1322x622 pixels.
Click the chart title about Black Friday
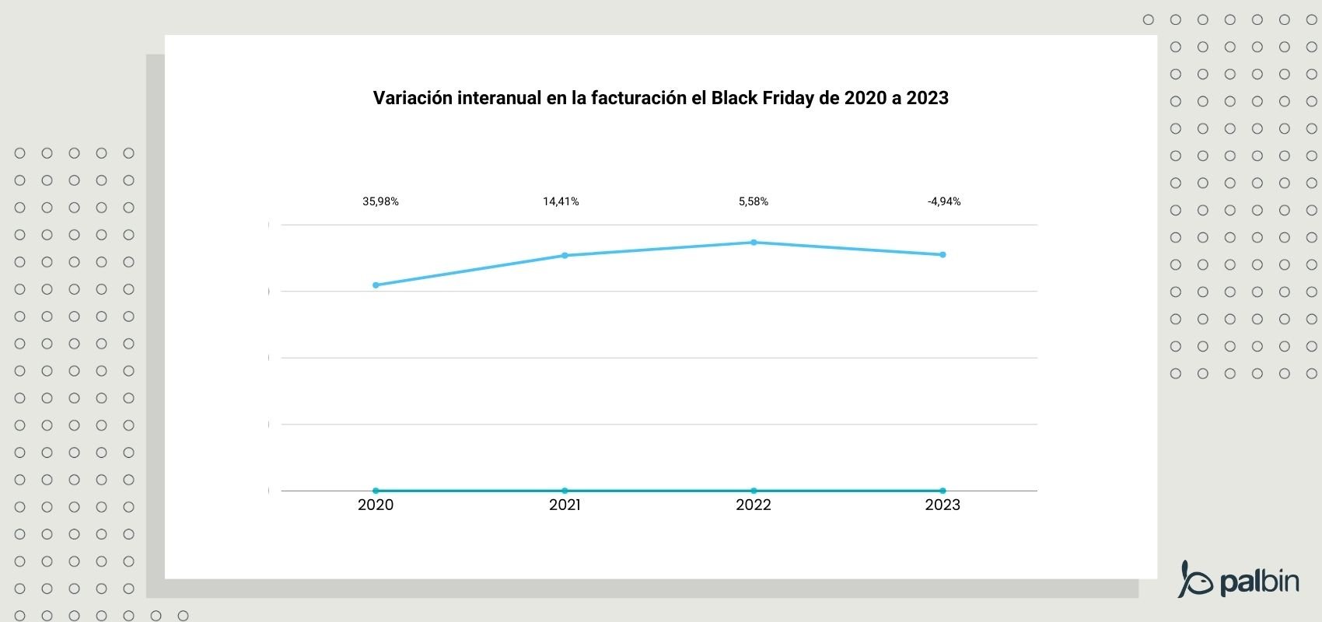click(x=660, y=98)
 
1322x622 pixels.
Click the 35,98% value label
click(x=380, y=201)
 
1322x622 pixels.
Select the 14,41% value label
click(x=561, y=201)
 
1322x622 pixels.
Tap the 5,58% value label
click(x=754, y=201)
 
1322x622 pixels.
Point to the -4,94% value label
click(x=944, y=201)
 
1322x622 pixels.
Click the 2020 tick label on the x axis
click(x=376, y=505)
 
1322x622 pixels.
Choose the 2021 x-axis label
click(x=565, y=505)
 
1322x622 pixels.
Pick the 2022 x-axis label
click(x=754, y=505)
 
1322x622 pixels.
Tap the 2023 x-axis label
click(x=943, y=505)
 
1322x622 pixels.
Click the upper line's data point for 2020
click(x=376, y=285)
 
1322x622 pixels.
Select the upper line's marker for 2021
click(x=565, y=255)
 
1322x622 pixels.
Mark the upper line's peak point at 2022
click(x=754, y=243)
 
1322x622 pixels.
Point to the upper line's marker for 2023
click(x=943, y=254)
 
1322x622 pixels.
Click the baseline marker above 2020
click(x=376, y=491)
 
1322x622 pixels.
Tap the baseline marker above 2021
click(x=565, y=491)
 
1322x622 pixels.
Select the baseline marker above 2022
click(x=754, y=491)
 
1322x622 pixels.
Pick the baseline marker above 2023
click(x=943, y=491)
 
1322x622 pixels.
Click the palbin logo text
click(x=1259, y=581)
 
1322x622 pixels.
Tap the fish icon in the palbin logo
click(x=1195, y=579)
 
